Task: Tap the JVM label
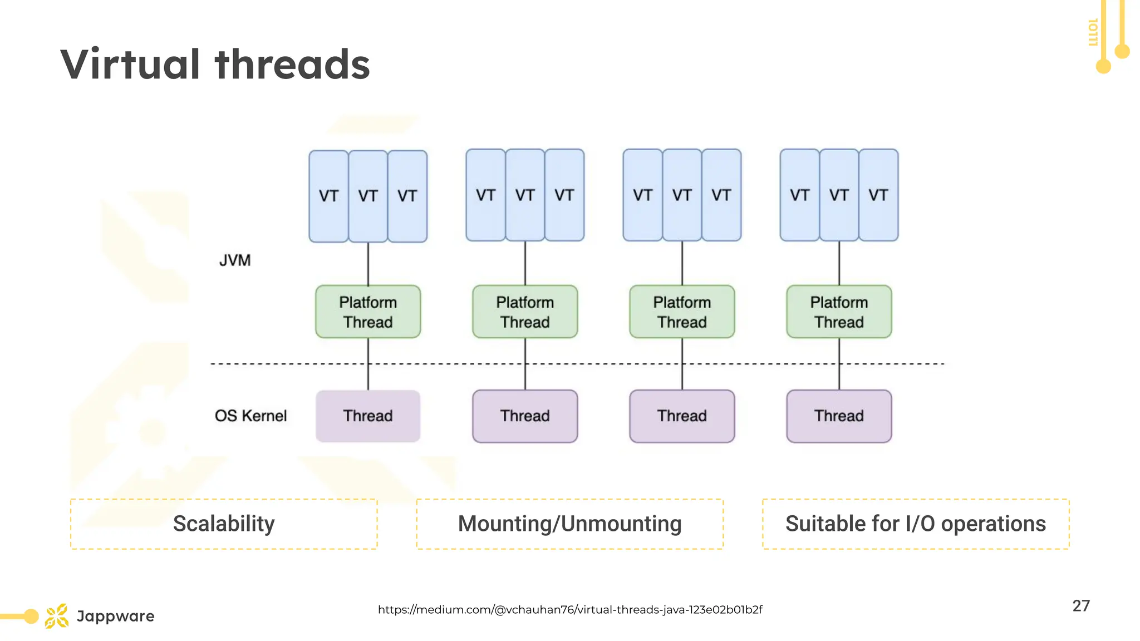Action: [235, 260]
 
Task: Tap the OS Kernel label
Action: [250, 416]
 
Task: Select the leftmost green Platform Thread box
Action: [368, 312]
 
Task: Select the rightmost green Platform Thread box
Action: [839, 312]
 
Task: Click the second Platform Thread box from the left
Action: [525, 312]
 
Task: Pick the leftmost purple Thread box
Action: [368, 416]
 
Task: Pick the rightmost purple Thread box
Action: [839, 416]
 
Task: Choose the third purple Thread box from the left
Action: [682, 416]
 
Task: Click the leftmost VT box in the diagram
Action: [328, 196]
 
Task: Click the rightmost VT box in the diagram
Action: [878, 195]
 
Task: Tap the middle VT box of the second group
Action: [525, 195]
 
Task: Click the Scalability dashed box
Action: [224, 524]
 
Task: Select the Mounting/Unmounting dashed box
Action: [569, 524]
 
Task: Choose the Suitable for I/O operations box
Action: [916, 524]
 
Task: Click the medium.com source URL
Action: [569, 609]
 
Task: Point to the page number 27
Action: [1081, 605]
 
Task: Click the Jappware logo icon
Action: [57, 616]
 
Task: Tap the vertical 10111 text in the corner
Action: [1092, 32]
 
